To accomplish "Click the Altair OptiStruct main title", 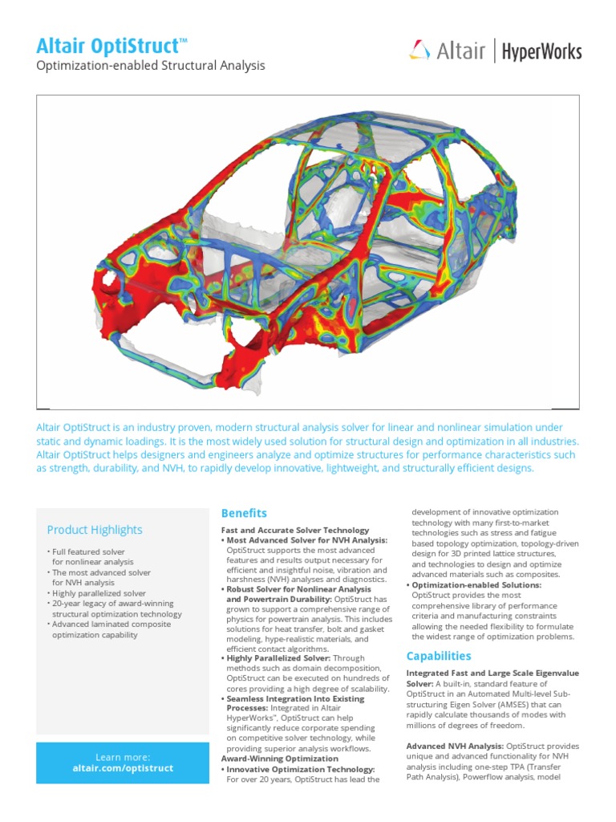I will (111, 46).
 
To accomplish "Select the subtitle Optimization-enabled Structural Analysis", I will (151, 66).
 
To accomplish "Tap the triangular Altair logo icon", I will (419, 52).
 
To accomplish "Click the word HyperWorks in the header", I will (541, 53).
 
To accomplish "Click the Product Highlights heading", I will (95, 530).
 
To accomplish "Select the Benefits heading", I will (244, 513).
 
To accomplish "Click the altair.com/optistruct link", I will (123, 768).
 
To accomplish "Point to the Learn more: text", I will (123, 757).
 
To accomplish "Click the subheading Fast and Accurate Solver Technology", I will (294, 531).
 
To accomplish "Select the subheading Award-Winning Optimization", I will (279, 759).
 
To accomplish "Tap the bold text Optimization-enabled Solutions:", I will (476, 585).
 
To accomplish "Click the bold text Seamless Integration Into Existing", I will (295, 698).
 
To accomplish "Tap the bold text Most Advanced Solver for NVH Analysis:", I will (306, 541).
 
